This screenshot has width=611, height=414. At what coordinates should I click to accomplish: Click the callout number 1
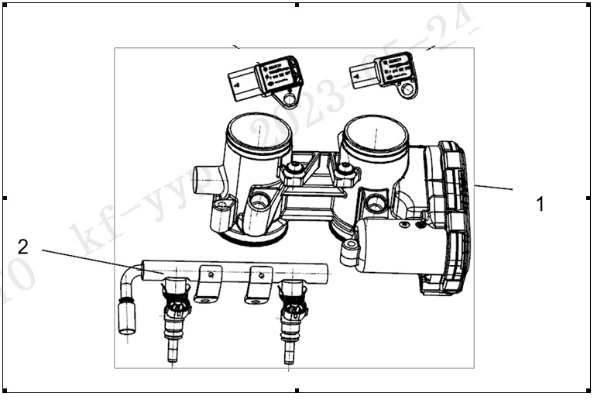coord(540,205)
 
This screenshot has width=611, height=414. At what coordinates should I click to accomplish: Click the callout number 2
coord(23,247)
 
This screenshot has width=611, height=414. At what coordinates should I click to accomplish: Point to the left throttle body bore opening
coord(260,130)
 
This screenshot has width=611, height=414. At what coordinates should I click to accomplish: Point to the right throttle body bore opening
coord(376,133)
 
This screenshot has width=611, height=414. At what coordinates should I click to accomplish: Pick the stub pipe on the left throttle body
coord(206,180)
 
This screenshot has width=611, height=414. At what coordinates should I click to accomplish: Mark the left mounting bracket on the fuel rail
coord(208,284)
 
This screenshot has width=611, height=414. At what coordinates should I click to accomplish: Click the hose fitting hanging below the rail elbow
coord(127,316)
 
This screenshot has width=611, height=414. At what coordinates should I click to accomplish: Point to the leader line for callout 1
coord(493,187)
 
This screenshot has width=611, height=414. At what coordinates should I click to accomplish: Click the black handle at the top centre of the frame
coord(297,5)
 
